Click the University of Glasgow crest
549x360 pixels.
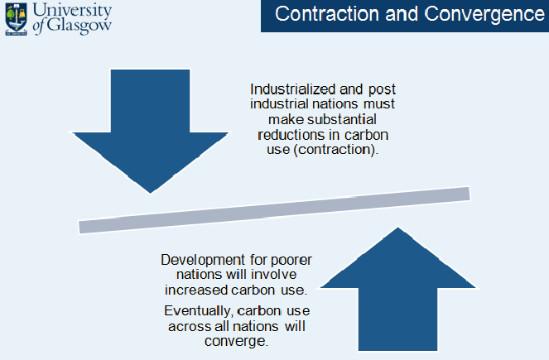16,19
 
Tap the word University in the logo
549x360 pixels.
73,11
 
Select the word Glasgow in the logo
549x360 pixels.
79,26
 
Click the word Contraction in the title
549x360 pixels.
327,14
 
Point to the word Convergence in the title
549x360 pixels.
484,15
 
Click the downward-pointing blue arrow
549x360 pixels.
150,132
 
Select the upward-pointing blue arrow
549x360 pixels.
397,289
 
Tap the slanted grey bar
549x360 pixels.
274,210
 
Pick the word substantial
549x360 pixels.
342,119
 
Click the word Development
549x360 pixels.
203,261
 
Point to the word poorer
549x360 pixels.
291,261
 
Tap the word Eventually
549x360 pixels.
198,311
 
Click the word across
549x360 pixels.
190,326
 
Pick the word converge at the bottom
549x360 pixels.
236,341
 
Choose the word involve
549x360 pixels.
274,274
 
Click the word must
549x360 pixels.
379,104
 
